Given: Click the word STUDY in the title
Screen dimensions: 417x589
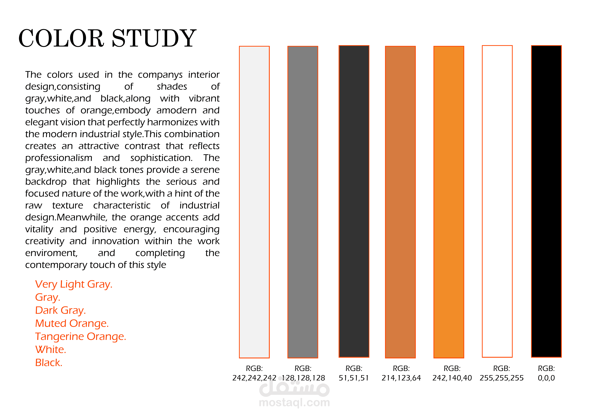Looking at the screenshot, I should click(154, 39).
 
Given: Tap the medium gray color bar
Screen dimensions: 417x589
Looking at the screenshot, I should click(303, 202).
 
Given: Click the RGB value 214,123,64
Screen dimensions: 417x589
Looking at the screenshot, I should click(401, 378).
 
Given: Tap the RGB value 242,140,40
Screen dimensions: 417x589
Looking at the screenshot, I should click(452, 378).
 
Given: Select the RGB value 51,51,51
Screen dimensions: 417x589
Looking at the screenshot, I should click(354, 378).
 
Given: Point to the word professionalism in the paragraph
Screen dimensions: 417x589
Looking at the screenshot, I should click(59, 158).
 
